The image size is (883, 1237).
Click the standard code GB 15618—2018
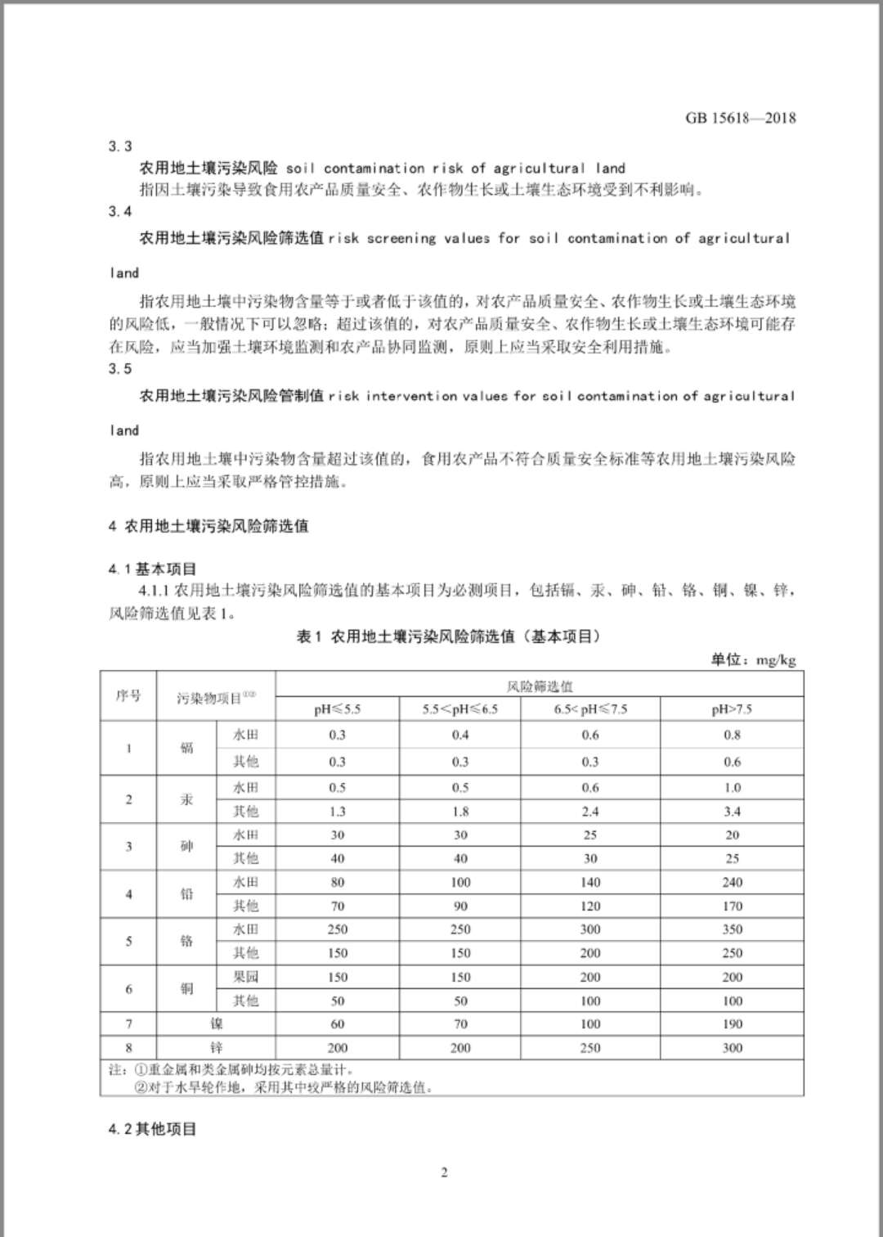740,118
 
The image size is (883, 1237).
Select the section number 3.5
119,369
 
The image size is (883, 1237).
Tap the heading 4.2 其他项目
153,1129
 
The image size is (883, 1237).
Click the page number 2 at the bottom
444,1172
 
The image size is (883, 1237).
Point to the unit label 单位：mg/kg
753,659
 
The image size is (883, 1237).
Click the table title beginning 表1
448,636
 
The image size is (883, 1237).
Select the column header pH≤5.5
337,709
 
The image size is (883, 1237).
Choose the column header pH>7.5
732,709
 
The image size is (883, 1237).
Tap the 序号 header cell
128,696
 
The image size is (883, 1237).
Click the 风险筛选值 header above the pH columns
540,686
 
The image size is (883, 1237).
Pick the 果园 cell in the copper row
245,977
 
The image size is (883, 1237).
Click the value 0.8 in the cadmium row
732,735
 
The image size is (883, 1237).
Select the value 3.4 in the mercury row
732,812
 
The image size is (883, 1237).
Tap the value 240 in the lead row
732,882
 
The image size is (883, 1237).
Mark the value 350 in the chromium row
732,929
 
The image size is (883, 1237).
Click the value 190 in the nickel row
732,1023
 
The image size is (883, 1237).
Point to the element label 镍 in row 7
216,1023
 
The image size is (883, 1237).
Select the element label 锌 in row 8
216,1047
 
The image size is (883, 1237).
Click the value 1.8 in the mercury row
460,812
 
